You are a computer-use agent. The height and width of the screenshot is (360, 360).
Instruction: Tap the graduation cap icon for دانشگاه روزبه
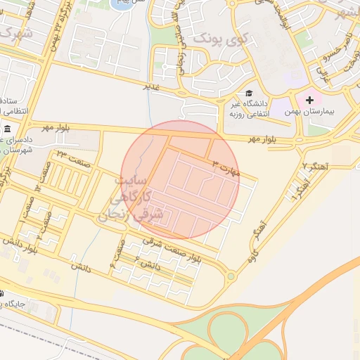247,93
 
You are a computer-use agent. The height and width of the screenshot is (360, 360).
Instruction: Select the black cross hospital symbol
309,100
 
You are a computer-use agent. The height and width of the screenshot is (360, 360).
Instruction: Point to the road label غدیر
151,86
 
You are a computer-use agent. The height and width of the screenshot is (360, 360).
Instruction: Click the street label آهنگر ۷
315,166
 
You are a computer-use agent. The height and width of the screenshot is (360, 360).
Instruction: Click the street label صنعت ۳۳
70,155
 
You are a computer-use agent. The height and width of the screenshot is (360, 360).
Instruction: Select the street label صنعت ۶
117,253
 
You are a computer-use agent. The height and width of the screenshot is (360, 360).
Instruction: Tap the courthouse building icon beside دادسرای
7,129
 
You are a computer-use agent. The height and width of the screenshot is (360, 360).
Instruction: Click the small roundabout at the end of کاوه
230,276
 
